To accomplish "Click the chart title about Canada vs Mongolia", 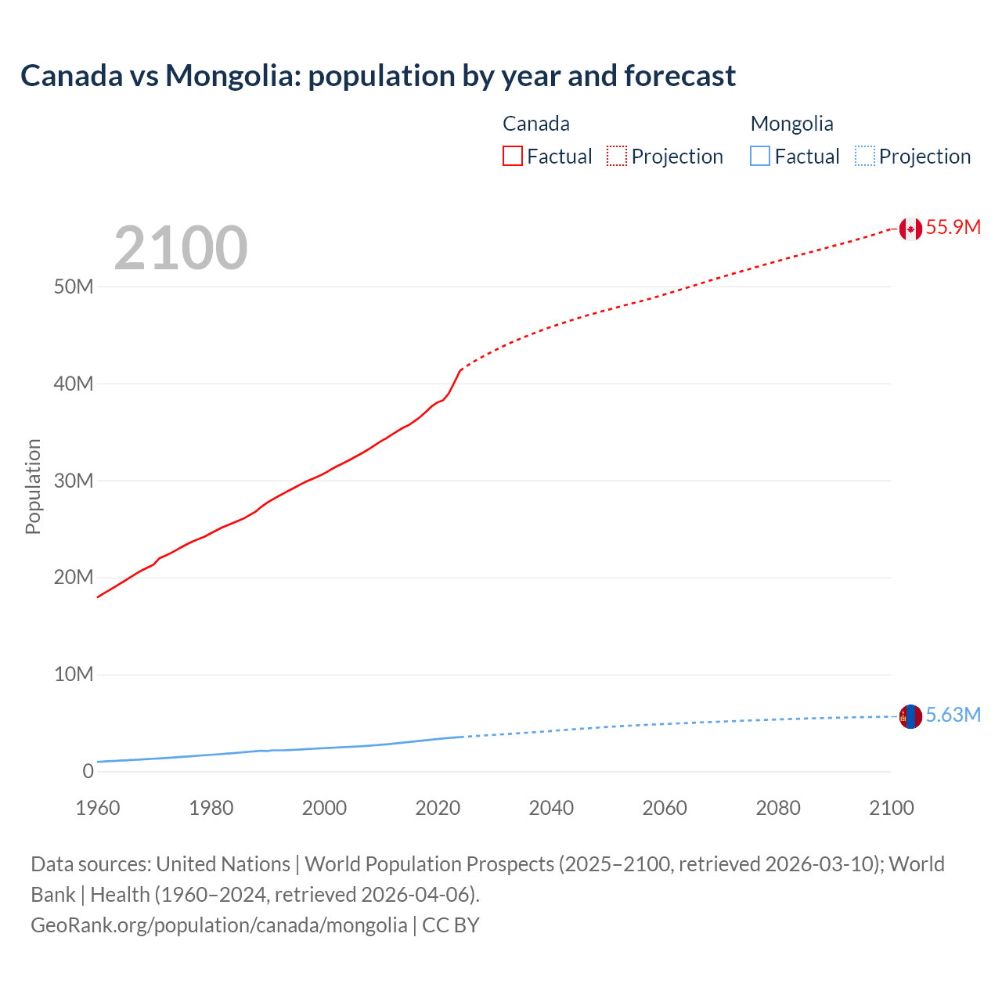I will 377,76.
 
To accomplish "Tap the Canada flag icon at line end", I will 910,229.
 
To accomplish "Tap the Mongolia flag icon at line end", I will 910,715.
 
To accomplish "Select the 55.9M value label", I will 953,228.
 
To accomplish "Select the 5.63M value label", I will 953,715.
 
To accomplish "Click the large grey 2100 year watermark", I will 181,249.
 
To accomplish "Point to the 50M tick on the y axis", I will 74,287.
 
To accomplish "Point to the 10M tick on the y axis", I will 74,675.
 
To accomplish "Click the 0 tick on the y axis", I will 88,772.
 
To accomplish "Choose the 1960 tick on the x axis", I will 98,808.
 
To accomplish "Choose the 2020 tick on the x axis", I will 438,808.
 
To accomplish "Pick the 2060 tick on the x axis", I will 665,808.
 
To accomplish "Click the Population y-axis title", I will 33,486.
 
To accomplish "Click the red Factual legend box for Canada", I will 513,157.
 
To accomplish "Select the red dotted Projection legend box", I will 617,157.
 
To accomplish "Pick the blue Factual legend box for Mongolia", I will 760,157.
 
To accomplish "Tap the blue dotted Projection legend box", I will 864,157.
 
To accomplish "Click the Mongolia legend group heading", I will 791,124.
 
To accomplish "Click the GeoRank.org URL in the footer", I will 219,925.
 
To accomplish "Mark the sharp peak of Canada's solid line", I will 461,369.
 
